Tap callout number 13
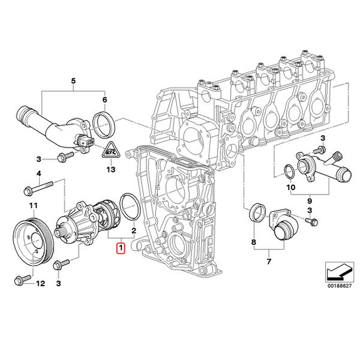point(110,170)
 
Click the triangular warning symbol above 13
point(110,152)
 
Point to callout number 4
point(38,174)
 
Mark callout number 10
point(292,187)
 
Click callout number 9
point(310,200)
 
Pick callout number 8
point(253,243)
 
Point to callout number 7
point(268,262)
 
